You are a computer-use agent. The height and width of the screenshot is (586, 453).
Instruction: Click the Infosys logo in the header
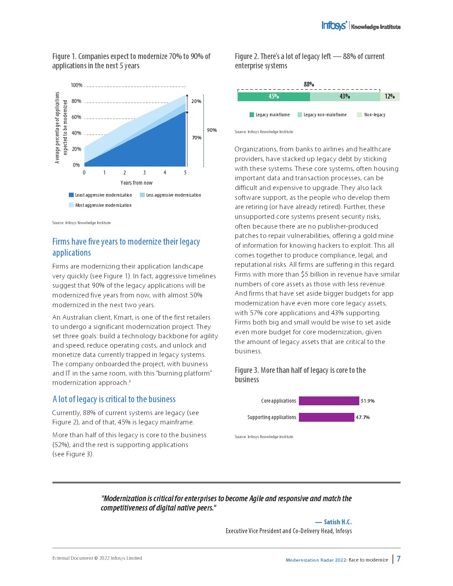pyautogui.click(x=334, y=26)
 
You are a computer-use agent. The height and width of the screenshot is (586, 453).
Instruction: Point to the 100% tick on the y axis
pyautogui.click(x=76, y=85)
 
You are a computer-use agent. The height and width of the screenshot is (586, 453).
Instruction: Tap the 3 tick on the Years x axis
pyautogui.click(x=144, y=173)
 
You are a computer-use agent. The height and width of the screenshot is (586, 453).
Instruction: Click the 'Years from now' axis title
pyautogui.click(x=136, y=183)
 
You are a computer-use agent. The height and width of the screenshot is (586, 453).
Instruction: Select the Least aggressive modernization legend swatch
pyautogui.click(x=71, y=195)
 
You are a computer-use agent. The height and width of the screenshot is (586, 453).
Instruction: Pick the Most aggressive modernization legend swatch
pyautogui.click(x=71, y=205)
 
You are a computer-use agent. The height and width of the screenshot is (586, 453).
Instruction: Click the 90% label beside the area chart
pyautogui.click(x=212, y=130)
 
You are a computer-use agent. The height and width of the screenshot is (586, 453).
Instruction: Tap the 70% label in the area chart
pyautogui.click(x=197, y=138)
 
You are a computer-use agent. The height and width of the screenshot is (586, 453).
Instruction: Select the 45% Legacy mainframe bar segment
pyautogui.click(x=274, y=96)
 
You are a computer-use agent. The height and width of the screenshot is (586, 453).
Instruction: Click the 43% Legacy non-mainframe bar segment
pyautogui.click(x=345, y=96)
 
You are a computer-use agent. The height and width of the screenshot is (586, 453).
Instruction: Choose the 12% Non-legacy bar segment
pyautogui.click(x=389, y=96)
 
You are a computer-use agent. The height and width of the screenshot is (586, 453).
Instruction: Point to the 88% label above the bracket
pyautogui.click(x=309, y=84)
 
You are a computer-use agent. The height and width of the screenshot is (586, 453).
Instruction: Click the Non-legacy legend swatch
pyautogui.click(x=359, y=115)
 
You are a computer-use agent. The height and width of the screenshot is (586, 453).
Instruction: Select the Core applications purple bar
pyautogui.click(x=329, y=401)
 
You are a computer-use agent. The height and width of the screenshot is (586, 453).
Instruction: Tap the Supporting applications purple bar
pyautogui.click(x=326, y=417)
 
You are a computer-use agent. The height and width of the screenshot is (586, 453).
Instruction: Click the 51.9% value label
pyautogui.click(x=368, y=401)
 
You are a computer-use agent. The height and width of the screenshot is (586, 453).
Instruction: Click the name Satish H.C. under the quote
pyautogui.click(x=338, y=522)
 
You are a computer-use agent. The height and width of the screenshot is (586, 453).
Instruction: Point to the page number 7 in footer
pyautogui.click(x=399, y=559)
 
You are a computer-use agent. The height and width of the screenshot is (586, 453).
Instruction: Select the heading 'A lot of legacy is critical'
pyautogui.click(x=114, y=399)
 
